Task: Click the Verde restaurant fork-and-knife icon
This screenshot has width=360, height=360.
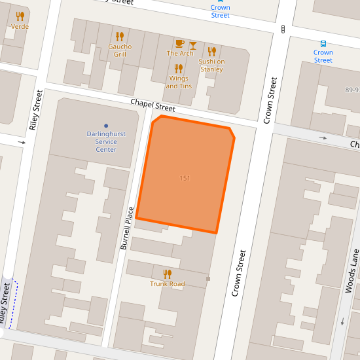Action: tap(20, 16)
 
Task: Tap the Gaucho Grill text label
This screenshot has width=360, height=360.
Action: tap(120, 50)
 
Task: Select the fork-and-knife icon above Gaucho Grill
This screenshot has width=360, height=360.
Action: tap(119, 37)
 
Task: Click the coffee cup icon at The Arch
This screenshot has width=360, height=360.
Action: tap(180, 44)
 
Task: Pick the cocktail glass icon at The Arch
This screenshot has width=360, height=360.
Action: tap(192, 44)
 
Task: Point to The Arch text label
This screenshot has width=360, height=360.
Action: tap(180, 54)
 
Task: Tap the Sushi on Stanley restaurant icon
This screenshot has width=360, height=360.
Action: tap(211, 51)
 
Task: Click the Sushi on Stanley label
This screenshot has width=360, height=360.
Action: tap(211, 65)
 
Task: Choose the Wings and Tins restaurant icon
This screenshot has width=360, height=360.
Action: tap(177, 68)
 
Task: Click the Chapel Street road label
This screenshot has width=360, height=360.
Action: tap(153, 105)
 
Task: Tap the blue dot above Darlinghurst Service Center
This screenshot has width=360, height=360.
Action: tap(106, 125)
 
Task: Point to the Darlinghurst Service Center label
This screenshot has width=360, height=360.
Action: tap(106, 141)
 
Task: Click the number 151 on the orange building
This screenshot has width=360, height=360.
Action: tap(185, 178)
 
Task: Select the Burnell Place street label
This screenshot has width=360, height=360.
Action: tap(127, 228)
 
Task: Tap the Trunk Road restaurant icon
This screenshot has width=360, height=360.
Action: tap(167, 274)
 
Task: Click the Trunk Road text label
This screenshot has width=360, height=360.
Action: tap(167, 284)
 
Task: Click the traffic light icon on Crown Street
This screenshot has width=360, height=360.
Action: tap(283, 29)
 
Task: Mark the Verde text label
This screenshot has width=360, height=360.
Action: tap(20, 27)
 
